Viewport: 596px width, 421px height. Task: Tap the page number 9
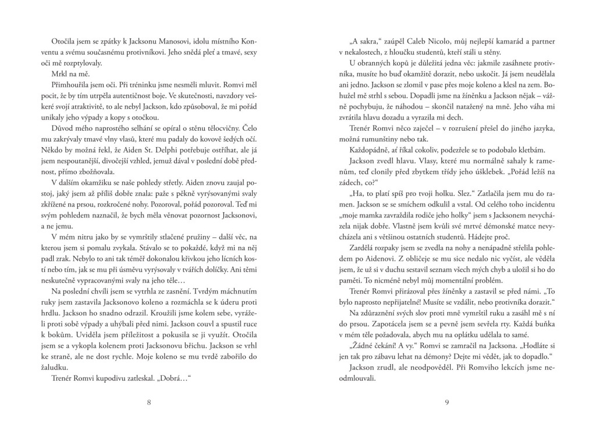point(446,401)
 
